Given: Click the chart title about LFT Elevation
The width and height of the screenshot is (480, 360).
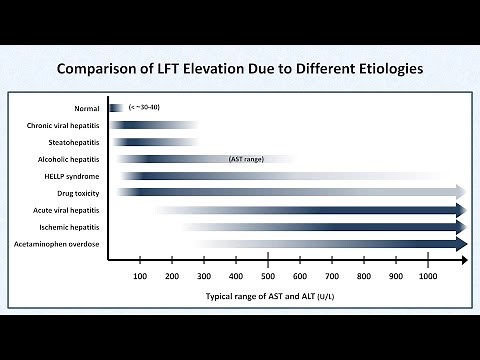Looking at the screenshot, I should (240, 70).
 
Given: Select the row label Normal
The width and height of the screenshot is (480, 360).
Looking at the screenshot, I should (86, 108).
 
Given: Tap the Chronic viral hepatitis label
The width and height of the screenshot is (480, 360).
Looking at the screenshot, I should (63, 125).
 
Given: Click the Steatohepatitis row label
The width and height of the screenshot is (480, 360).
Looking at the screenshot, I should (72, 142).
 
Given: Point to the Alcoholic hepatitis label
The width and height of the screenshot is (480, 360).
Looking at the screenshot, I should (67, 159).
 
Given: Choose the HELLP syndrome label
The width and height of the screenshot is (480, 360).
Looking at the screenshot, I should (70, 176).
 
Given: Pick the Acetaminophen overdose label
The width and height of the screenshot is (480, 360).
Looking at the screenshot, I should (57, 243).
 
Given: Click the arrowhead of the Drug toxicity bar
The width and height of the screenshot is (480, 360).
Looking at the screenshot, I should (460, 192).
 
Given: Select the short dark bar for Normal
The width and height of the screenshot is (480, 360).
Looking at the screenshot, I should (116, 108).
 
